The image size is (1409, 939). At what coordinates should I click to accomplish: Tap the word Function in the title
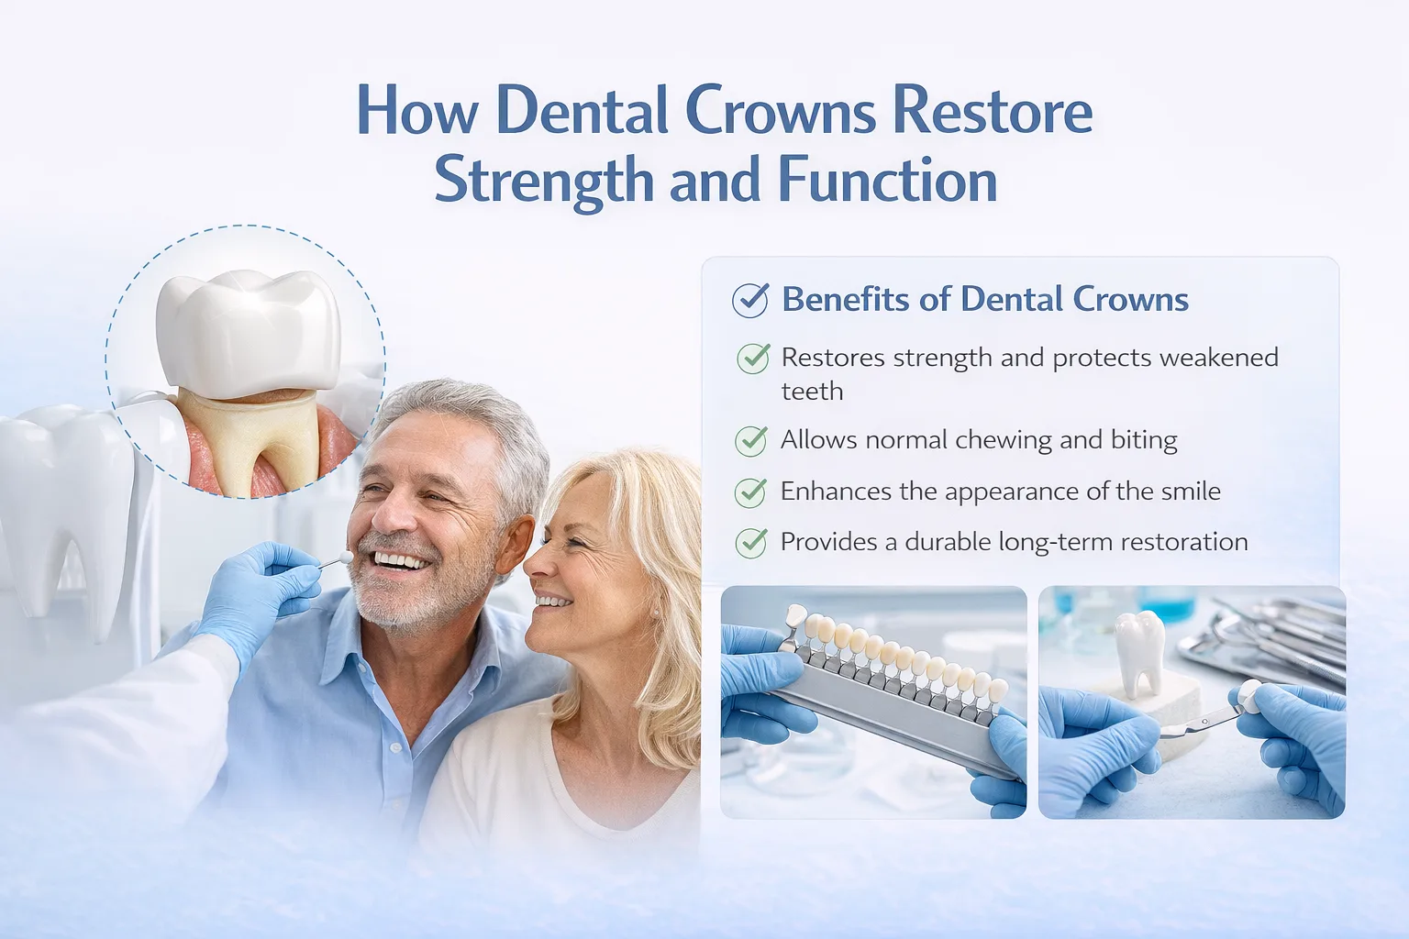click(887, 180)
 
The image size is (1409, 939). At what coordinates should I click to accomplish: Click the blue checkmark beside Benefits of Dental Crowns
click(750, 300)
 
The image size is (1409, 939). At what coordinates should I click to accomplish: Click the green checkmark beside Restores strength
click(753, 358)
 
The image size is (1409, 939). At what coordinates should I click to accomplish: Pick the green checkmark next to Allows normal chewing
click(751, 441)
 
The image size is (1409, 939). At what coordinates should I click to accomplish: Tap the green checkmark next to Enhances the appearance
click(751, 492)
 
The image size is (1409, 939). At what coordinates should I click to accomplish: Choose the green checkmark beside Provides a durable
click(751, 543)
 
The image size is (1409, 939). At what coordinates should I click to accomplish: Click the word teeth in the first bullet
click(812, 392)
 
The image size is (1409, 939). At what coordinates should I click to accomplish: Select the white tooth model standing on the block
click(1138, 653)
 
